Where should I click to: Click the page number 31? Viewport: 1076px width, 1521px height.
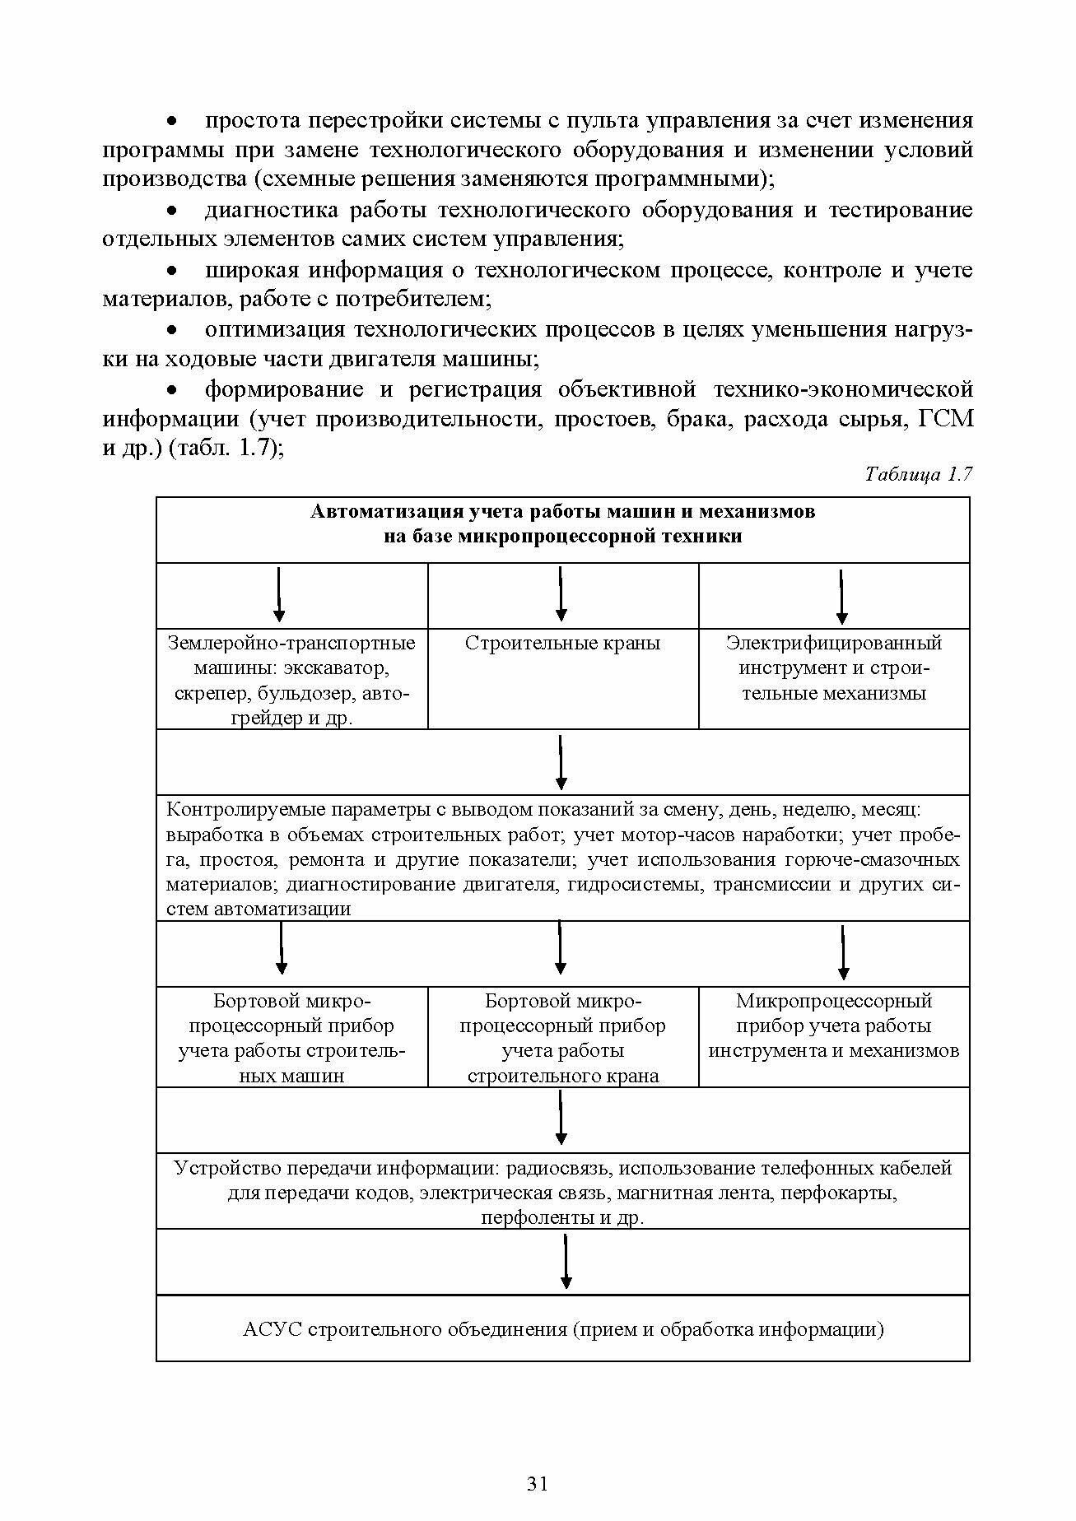tap(537, 1484)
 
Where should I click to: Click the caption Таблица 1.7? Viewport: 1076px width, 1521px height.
tap(919, 475)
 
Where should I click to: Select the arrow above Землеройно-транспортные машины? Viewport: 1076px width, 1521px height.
tap(279, 594)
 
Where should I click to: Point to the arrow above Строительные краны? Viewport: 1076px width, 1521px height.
tap(561, 594)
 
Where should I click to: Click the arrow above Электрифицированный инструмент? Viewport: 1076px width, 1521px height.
tap(841, 596)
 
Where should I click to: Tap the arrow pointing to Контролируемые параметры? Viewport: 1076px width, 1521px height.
tap(561, 762)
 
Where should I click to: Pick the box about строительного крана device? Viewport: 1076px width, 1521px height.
tap(562, 1038)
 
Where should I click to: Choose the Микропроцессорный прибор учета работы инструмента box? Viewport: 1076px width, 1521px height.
tap(834, 1026)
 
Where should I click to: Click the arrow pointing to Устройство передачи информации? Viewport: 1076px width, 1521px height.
tap(561, 1118)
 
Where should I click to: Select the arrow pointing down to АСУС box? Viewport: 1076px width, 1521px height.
tap(566, 1261)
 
